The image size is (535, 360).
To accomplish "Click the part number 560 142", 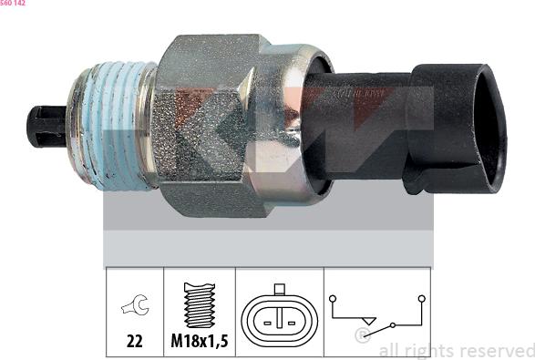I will point(13,4).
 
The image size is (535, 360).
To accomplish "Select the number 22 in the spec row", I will point(134,344).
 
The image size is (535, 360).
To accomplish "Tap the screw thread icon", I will point(199,305).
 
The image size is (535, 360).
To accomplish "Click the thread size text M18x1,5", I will point(199,344).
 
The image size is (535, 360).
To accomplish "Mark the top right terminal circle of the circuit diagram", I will point(421,297).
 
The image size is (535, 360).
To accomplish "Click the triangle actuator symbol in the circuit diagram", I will point(368,320).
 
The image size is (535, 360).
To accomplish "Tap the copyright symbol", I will point(363,336).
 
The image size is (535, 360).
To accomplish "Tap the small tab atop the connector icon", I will point(279,290).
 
